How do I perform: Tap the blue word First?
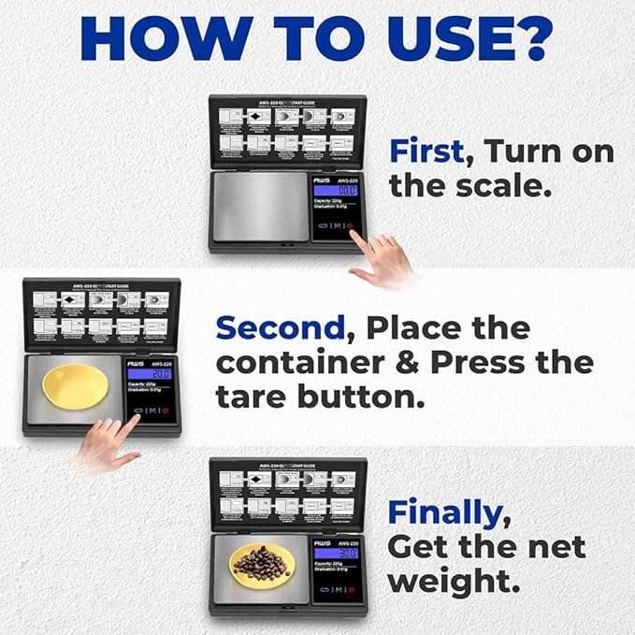coord(427,152)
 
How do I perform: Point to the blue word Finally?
coord(443,512)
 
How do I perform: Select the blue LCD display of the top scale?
coord(334,189)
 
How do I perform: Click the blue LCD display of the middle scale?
coord(148,373)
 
